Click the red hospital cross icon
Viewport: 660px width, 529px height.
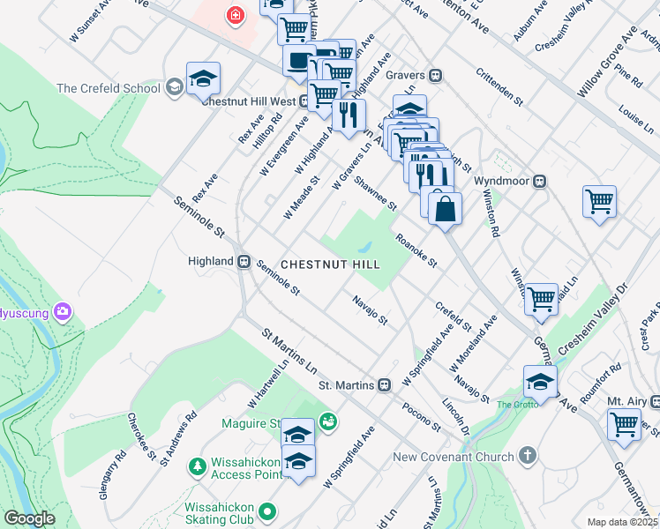tap(235, 15)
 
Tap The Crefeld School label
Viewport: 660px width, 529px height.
tap(108, 88)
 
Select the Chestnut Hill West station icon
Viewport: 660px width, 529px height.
tap(304, 101)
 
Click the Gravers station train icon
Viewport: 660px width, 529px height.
tap(435, 76)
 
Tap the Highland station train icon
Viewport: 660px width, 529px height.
tap(244, 261)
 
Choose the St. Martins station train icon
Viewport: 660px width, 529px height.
tap(384, 385)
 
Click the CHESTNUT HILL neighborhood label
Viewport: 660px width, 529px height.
tap(330, 264)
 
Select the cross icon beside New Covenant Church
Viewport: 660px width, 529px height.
tap(527, 456)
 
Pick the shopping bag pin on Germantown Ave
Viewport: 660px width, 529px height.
tap(446, 210)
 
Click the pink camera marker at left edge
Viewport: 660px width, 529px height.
tap(62, 311)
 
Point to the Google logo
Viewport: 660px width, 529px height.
tap(29, 518)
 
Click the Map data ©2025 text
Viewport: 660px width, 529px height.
tap(622, 522)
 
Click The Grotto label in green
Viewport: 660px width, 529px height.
tap(515, 405)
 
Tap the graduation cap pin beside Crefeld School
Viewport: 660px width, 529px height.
tap(203, 78)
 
